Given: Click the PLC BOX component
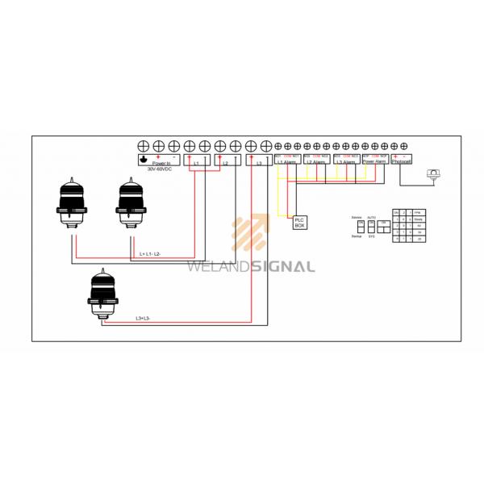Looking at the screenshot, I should coord(299,222).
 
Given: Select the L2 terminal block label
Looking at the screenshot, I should coord(226,163).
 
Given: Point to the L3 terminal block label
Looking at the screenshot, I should coord(258,163).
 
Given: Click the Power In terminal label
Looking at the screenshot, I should coord(160,163).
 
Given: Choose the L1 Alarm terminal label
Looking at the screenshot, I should coord(287,162).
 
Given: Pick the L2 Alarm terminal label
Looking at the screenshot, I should coord(316,162).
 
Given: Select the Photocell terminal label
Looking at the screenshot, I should coord(402,162).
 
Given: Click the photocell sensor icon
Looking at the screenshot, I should coord(433,173).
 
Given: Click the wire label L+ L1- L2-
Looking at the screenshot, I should coord(150,254).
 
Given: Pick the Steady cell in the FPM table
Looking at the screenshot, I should coord(418,219).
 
